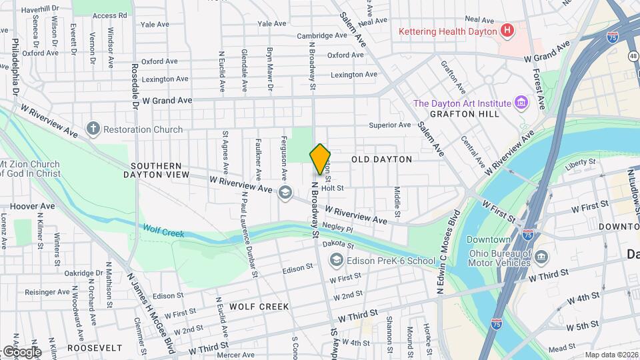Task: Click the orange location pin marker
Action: click(320, 159)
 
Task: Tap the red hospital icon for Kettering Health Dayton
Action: click(508, 31)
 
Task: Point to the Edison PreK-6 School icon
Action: click(337, 260)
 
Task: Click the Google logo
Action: click(21, 351)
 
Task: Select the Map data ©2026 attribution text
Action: click(611, 355)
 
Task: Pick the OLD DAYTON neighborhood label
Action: click(381, 159)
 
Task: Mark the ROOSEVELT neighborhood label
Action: click(95, 348)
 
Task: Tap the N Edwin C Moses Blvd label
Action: click(448, 253)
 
